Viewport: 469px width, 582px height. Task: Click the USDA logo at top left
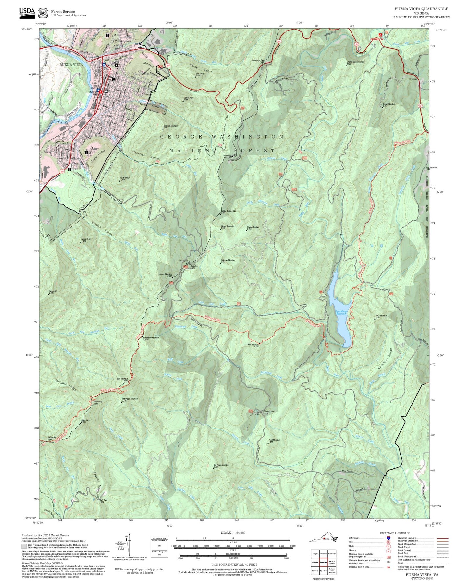pyautogui.click(x=27, y=12)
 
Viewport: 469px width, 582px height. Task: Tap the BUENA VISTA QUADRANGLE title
pyautogui.click(x=421, y=9)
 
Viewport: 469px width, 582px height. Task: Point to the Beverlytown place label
pyautogui.click(x=269, y=411)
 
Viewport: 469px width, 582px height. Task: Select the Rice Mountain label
pyautogui.click(x=253, y=345)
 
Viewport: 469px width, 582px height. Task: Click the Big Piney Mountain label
pyautogui.click(x=221, y=465)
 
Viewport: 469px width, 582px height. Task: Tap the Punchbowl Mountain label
pyautogui.click(x=151, y=338)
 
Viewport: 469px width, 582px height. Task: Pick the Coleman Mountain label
pyautogui.click(x=228, y=260)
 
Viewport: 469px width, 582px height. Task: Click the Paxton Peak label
pyautogui.click(x=125, y=178)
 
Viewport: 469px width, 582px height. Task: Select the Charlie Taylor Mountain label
pyautogui.click(x=355, y=62)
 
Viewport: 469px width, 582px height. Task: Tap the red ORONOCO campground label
pyautogui.click(x=377, y=39)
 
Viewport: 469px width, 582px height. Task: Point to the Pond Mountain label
pyautogui.click(x=274, y=440)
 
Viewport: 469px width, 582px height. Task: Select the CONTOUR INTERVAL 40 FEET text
pyautogui.click(x=234, y=564)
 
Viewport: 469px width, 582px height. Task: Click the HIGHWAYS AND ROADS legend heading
pyautogui.click(x=395, y=533)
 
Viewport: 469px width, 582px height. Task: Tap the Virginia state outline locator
pyautogui.click(x=323, y=539)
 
